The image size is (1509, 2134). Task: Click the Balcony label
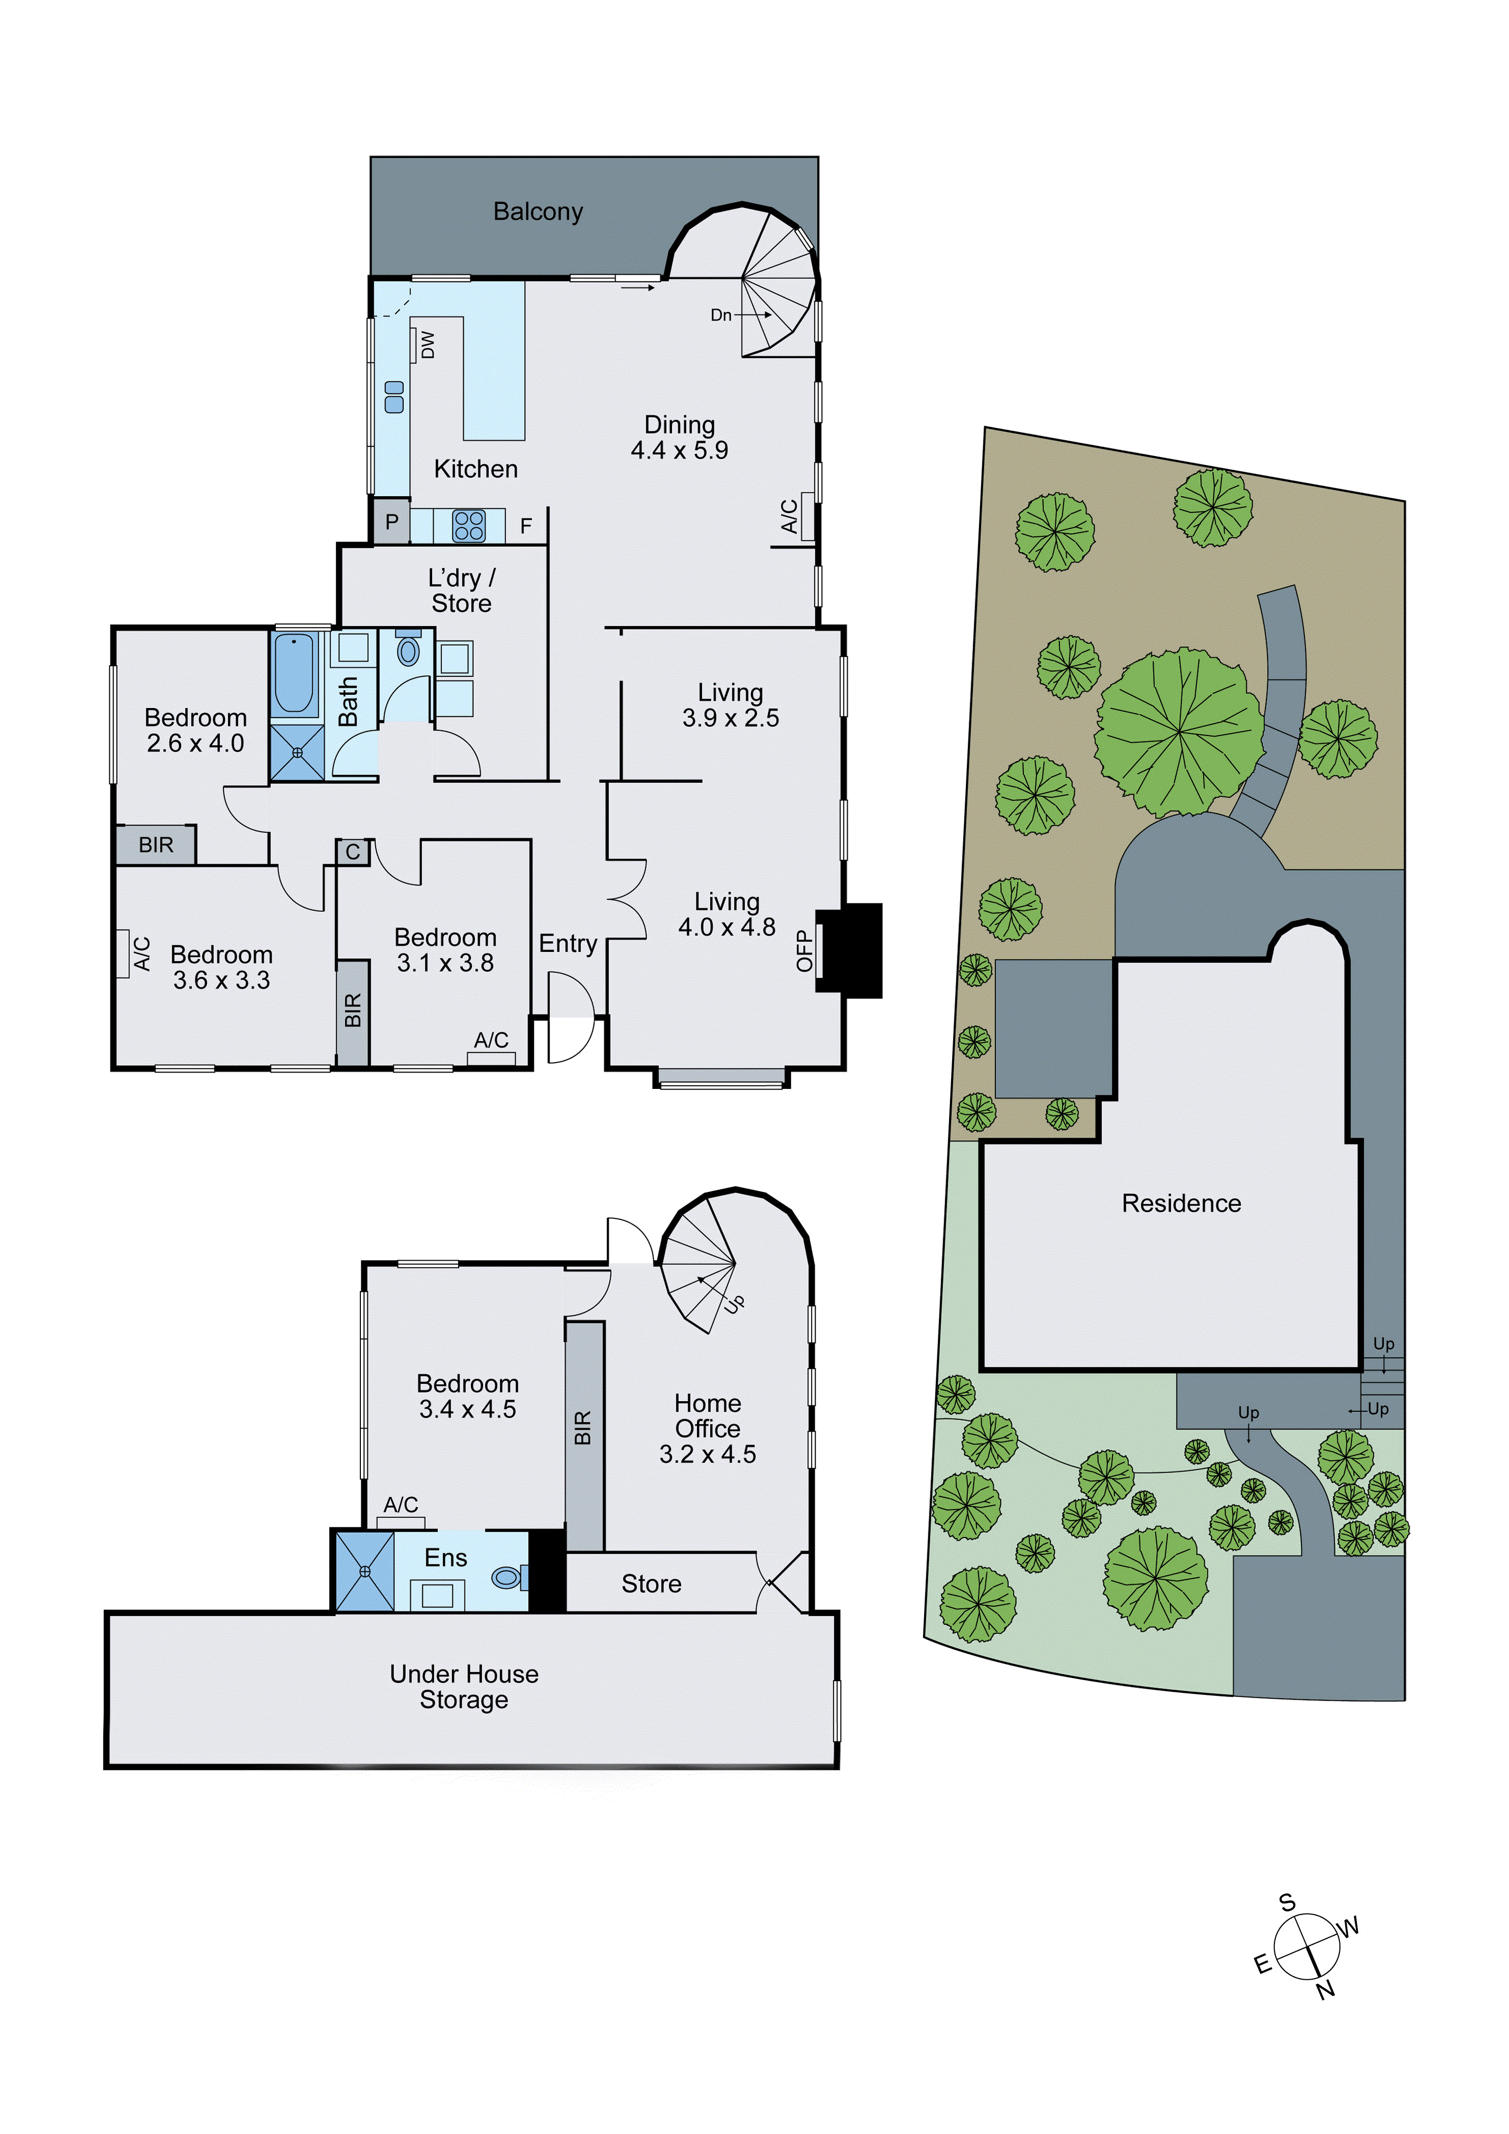538,212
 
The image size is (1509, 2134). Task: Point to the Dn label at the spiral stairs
721,315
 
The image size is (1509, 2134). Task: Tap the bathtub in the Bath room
295,673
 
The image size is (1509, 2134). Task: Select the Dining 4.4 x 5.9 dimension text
679,451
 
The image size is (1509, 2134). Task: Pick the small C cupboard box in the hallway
352,851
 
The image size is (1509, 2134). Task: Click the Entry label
568,944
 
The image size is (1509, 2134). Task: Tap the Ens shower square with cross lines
364,1571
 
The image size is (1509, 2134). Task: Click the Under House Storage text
464,1687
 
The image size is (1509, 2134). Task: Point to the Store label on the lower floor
651,1584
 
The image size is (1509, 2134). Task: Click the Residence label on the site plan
1181,1204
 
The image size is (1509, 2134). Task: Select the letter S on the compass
1287,1903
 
